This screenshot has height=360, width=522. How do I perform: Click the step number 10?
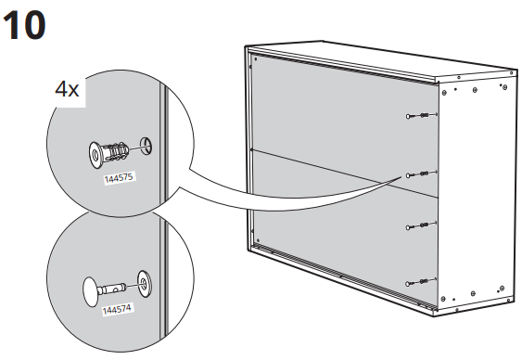pyautogui.click(x=25, y=25)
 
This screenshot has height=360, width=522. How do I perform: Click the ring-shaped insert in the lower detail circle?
pyautogui.click(x=144, y=279)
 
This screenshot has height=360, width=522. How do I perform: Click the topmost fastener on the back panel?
pyautogui.click(x=418, y=115)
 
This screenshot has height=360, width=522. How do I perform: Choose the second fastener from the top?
pyautogui.click(x=418, y=174)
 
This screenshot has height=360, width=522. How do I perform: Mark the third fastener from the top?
pyautogui.click(x=418, y=225)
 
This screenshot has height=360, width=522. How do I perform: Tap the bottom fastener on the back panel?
pyautogui.click(x=418, y=280)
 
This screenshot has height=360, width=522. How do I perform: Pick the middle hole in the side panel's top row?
pyautogui.click(x=473, y=91)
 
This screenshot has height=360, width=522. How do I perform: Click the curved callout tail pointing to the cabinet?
pyautogui.click(x=278, y=190)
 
